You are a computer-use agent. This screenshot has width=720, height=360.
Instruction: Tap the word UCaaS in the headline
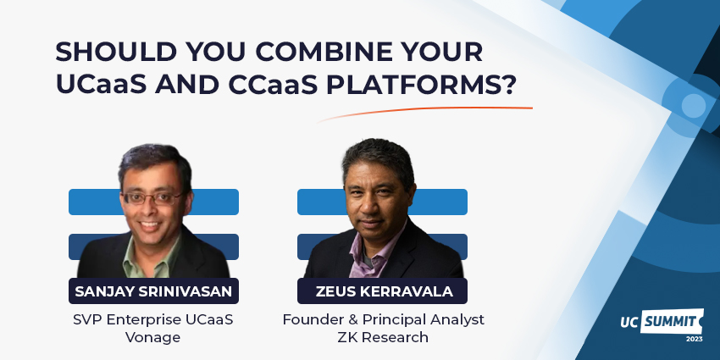(101, 85)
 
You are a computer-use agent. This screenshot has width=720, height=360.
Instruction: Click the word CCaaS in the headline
(273, 85)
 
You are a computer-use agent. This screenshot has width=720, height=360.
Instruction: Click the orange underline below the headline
(424, 112)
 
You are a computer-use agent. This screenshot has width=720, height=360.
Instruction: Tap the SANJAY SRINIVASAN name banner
(153, 291)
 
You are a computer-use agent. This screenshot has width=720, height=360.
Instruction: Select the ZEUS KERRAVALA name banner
(383, 291)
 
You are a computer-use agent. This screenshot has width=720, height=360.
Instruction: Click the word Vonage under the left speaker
(153, 338)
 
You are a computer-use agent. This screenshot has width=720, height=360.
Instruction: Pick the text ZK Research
(383, 337)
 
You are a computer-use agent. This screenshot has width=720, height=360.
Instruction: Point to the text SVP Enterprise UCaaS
(153, 319)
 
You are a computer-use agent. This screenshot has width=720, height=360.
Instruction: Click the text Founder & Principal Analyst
(384, 319)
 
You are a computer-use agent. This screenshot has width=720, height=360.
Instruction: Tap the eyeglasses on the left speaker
(153, 198)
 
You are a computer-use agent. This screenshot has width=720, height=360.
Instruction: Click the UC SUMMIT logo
(662, 321)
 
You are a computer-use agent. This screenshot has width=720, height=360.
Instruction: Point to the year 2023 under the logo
(695, 340)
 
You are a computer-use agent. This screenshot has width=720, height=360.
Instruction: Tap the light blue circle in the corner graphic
(693, 105)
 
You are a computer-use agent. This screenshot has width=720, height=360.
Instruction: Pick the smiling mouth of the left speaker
(150, 225)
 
